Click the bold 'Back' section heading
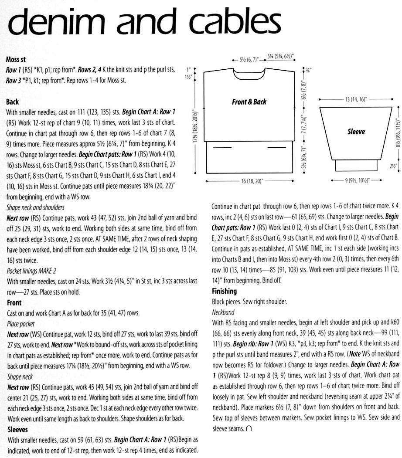click(13, 102)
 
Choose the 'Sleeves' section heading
click(18, 417)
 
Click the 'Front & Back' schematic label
click(249, 102)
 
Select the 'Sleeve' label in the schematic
click(356, 131)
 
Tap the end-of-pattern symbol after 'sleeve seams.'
click(249, 417)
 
